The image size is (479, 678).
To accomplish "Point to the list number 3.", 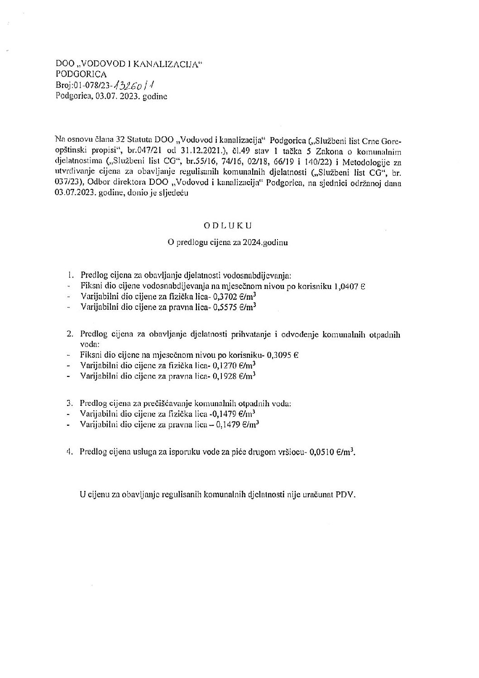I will pos(69,403).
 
